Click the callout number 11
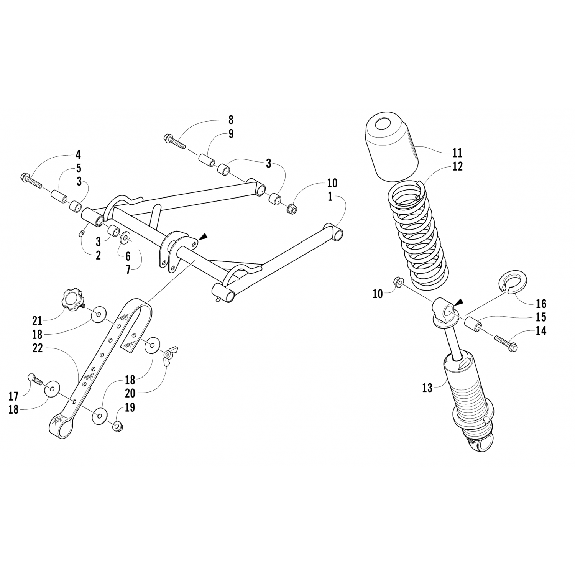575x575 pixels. click(457, 153)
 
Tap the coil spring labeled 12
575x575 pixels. click(418, 234)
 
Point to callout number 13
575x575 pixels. click(427, 388)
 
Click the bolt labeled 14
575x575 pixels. click(506, 343)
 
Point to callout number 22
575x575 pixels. click(37, 348)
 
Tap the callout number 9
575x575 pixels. click(231, 133)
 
